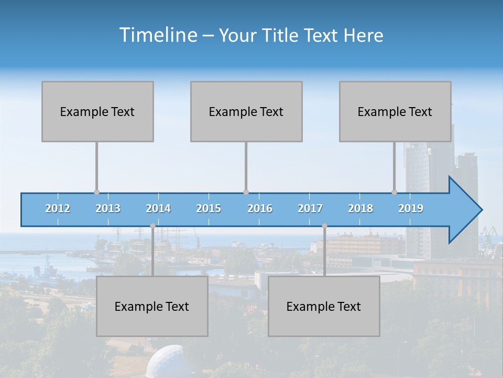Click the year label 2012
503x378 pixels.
58,208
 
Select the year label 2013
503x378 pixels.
108,208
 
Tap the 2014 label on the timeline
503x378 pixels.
158,208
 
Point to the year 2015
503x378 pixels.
209,208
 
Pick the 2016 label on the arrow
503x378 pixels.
260,208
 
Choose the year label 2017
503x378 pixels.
310,208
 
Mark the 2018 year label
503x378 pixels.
360,208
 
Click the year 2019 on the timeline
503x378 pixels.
411,208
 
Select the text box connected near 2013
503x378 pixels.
97,112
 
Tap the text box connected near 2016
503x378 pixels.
246,112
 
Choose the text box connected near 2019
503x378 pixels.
395,112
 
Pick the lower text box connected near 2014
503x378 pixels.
152,307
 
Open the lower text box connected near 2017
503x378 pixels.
324,307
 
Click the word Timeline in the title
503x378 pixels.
157,35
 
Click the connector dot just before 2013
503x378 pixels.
96,193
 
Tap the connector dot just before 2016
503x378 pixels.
246,193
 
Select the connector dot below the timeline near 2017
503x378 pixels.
324,226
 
